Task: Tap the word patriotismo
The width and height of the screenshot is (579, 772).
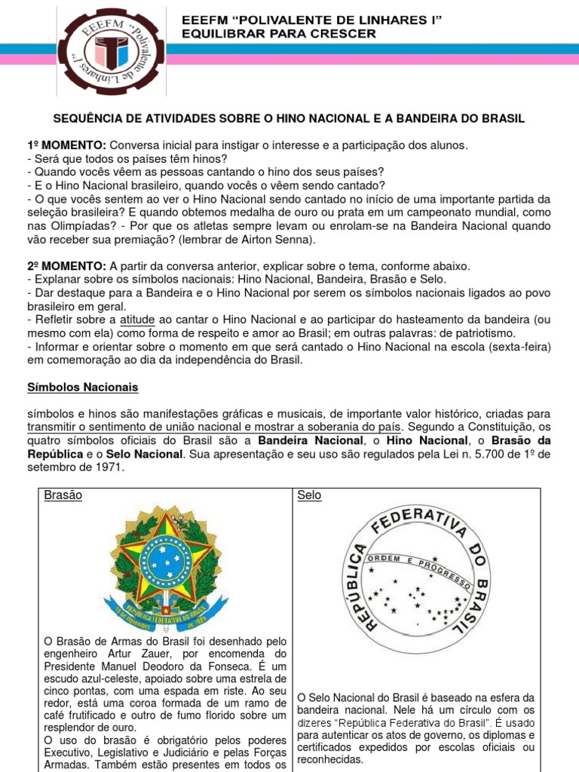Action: coord(482,333)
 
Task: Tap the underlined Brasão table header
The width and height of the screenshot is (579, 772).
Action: coord(63,495)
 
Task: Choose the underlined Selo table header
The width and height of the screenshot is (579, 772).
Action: coord(309,495)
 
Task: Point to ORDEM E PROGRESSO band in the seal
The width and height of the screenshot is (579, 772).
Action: coord(419,571)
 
